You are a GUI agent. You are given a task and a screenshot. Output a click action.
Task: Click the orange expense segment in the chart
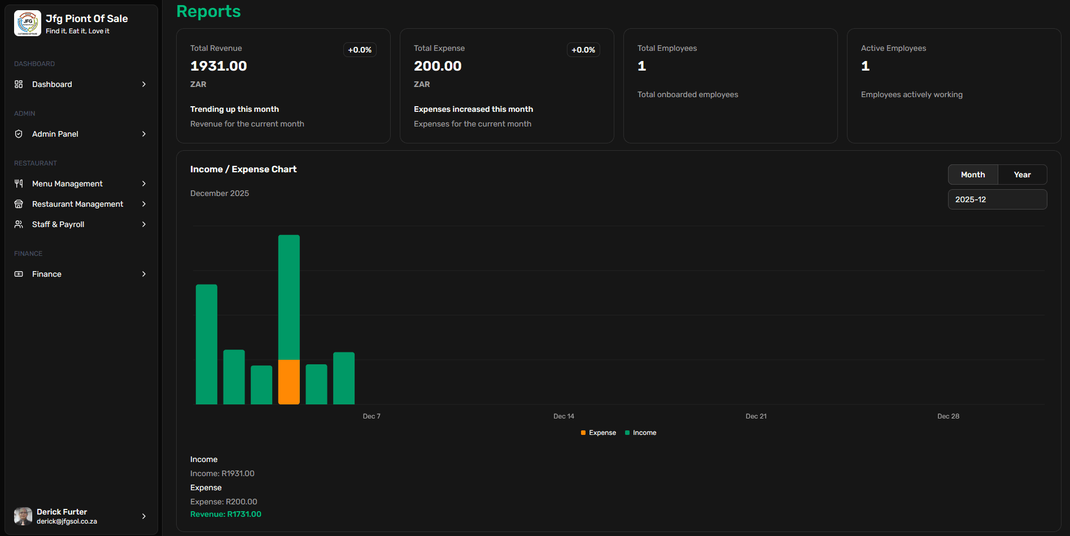[289, 382]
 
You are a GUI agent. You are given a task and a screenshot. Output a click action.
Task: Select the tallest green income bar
[289, 297]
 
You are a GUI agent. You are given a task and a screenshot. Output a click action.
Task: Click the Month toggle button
[972, 175]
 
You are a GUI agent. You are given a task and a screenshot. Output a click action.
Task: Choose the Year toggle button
[1022, 175]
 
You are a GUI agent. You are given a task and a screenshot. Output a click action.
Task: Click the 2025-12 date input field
[997, 199]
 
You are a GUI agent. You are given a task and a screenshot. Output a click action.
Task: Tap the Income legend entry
[641, 433]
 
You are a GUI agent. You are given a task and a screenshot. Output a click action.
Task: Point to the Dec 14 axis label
[564, 416]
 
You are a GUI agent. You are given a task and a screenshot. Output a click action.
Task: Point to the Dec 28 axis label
[948, 416]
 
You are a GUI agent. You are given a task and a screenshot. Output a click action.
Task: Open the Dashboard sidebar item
[52, 84]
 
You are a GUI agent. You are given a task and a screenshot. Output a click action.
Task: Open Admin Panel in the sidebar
[55, 134]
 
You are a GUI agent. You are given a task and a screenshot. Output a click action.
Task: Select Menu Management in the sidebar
[67, 184]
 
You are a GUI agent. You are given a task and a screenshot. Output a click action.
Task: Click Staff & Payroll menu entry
[58, 224]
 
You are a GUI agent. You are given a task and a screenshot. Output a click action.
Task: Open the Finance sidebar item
[47, 274]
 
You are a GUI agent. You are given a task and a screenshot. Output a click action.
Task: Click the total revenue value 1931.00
[219, 66]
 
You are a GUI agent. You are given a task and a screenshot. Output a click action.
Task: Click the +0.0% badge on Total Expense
[583, 50]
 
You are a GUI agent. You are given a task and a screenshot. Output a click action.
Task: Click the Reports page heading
[208, 11]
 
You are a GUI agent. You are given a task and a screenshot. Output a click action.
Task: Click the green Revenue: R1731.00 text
[225, 514]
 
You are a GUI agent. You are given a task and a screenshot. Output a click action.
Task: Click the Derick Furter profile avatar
[23, 516]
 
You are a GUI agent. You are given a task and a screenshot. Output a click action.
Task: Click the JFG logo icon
[28, 23]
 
